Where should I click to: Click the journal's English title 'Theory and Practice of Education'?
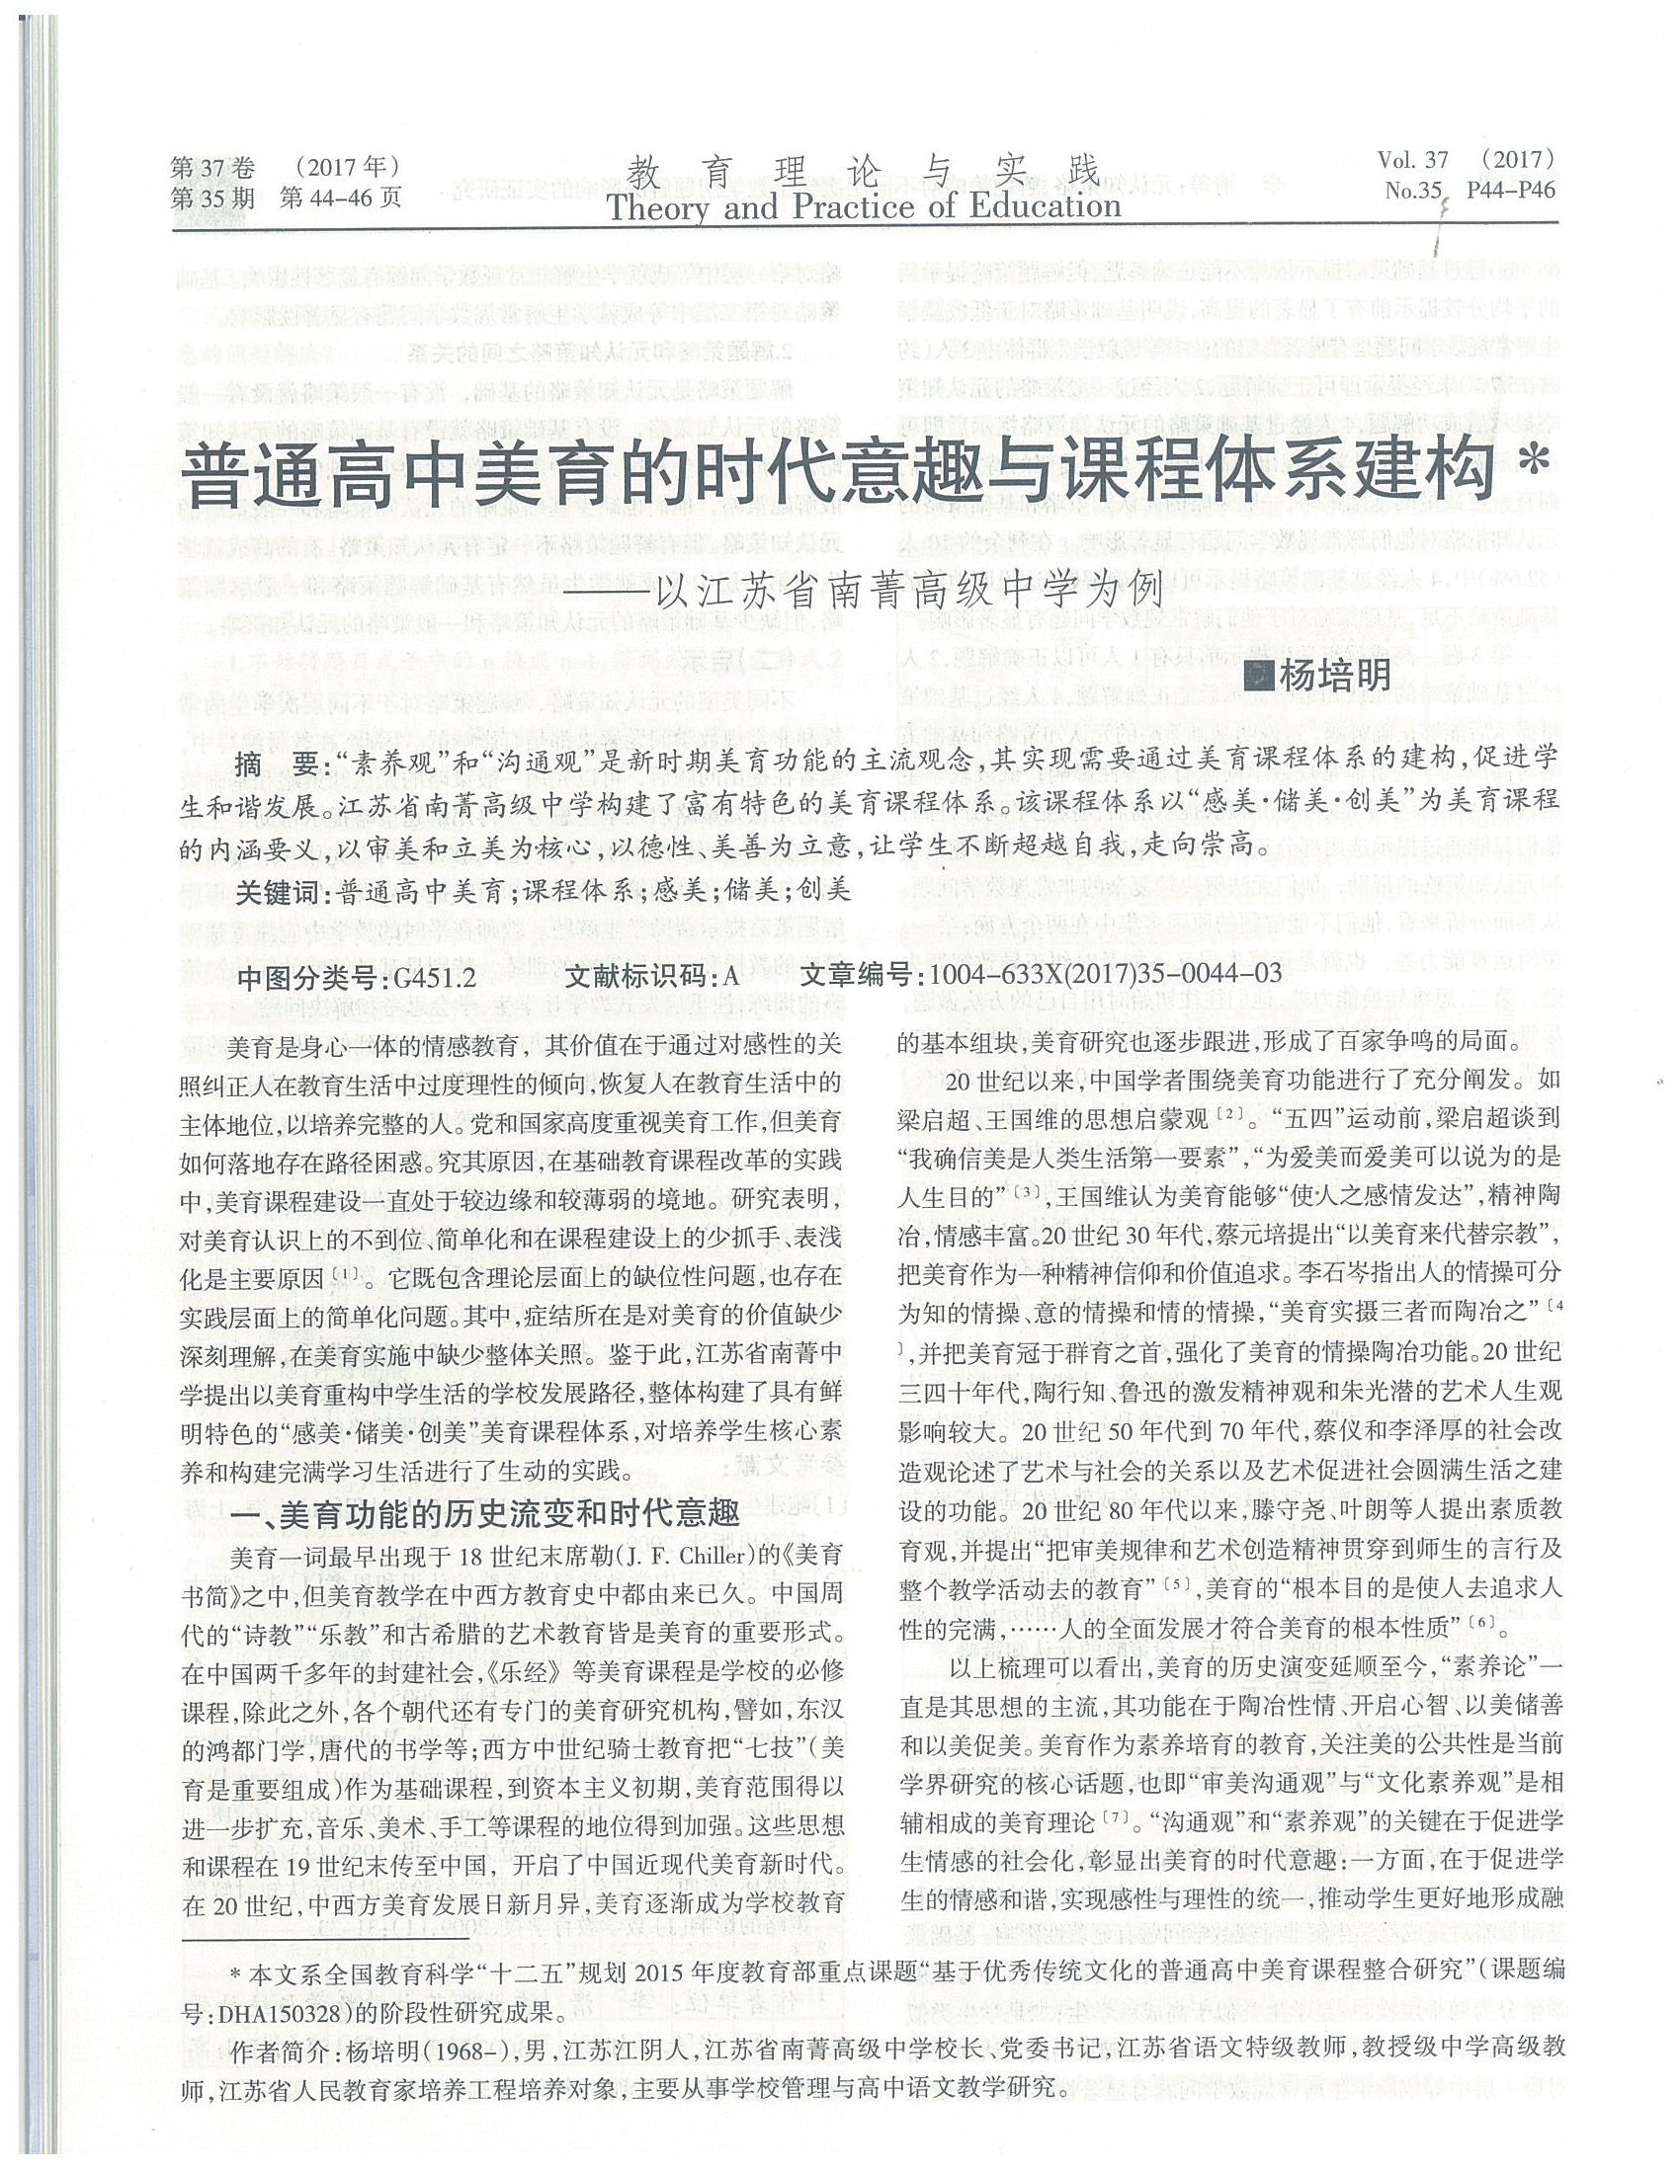[x=863, y=207]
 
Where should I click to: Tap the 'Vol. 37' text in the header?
[x=1412, y=160]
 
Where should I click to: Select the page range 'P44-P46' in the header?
[x=1510, y=190]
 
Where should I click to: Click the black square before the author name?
[x=1261, y=678]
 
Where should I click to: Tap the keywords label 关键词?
[x=283, y=891]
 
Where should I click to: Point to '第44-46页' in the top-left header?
[x=341, y=198]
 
